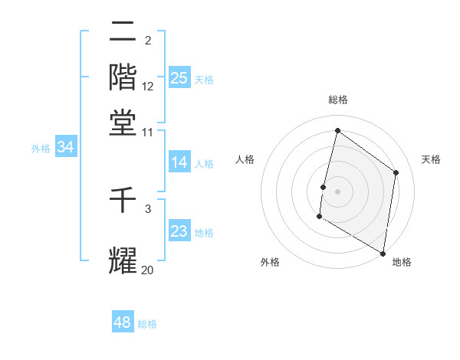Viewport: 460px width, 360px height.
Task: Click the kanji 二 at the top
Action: click(x=123, y=32)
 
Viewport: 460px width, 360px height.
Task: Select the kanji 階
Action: click(x=123, y=77)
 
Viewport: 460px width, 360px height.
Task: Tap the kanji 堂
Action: click(x=123, y=123)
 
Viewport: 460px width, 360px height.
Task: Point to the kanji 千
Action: click(x=123, y=201)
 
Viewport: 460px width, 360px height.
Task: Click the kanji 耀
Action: click(x=123, y=260)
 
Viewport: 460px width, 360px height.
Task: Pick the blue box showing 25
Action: click(x=179, y=77)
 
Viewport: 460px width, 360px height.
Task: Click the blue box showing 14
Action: click(x=179, y=162)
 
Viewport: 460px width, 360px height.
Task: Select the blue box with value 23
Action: click(x=179, y=231)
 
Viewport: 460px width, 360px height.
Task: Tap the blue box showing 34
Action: click(x=65, y=148)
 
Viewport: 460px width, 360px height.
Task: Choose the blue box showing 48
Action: click(x=123, y=322)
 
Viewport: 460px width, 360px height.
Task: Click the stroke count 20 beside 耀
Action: click(x=148, y=270)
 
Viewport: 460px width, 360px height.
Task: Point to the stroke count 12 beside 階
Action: click(x=148, y=87)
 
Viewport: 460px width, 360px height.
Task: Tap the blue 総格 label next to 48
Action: click(x=147, y=324)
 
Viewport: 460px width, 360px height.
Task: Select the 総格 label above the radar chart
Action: click(x=337, y=100)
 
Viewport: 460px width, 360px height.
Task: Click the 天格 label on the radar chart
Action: click(x=431, y=159)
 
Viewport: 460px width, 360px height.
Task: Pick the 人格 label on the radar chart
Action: click(x=245, y=159)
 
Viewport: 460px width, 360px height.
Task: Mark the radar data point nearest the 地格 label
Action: click(x=383, y=253)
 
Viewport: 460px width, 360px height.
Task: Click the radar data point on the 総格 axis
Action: click(x=337, y=130)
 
